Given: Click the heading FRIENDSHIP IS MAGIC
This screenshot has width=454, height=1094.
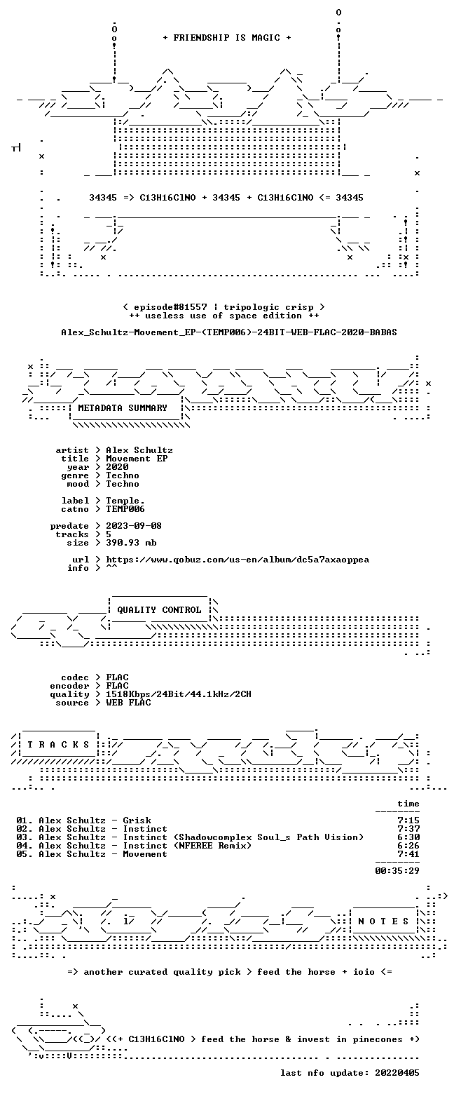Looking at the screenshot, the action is click(x=227, y=38).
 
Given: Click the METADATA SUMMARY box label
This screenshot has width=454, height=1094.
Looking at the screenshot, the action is click(x=123, y=408).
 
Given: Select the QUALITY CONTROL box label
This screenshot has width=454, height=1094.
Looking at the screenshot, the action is click(x=159, y=610).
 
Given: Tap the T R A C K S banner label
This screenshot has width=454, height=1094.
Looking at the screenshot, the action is click(x=58, y=744).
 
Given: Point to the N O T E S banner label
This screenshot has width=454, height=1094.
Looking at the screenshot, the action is click(x=383, y=921).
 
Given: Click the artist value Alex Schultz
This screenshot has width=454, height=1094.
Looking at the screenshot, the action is click(x=139, y=450).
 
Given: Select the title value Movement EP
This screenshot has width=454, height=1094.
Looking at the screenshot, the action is click(x=137, y=459).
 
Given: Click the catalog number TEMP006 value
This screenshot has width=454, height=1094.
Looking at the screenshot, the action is click(x=125, y=509).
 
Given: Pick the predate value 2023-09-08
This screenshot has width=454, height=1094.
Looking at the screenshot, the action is click(x=134, y=526).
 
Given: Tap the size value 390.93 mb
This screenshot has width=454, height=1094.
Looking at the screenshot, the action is click(x=131, y=543).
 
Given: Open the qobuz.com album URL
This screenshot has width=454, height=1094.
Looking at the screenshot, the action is click(x=238, y=560).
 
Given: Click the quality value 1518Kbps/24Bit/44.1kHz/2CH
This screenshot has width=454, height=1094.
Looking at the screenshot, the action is click(x=179, y=694).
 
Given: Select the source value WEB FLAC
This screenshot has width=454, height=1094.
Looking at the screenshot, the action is click(x=128, y=703).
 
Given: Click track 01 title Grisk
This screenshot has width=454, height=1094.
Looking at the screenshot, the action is click(x=137, y=820).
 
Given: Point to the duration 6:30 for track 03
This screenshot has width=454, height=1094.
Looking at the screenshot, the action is click(x=408, y=837).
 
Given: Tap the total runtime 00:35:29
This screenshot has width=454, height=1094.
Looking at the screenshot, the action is click(x=397, y=871).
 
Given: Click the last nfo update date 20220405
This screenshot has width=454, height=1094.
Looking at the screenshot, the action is click(x=397, y=1073).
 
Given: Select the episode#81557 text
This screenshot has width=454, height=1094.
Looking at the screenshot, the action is click(x=170, y=307).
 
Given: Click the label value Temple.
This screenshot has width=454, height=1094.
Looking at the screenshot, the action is click(x=125, y=501).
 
